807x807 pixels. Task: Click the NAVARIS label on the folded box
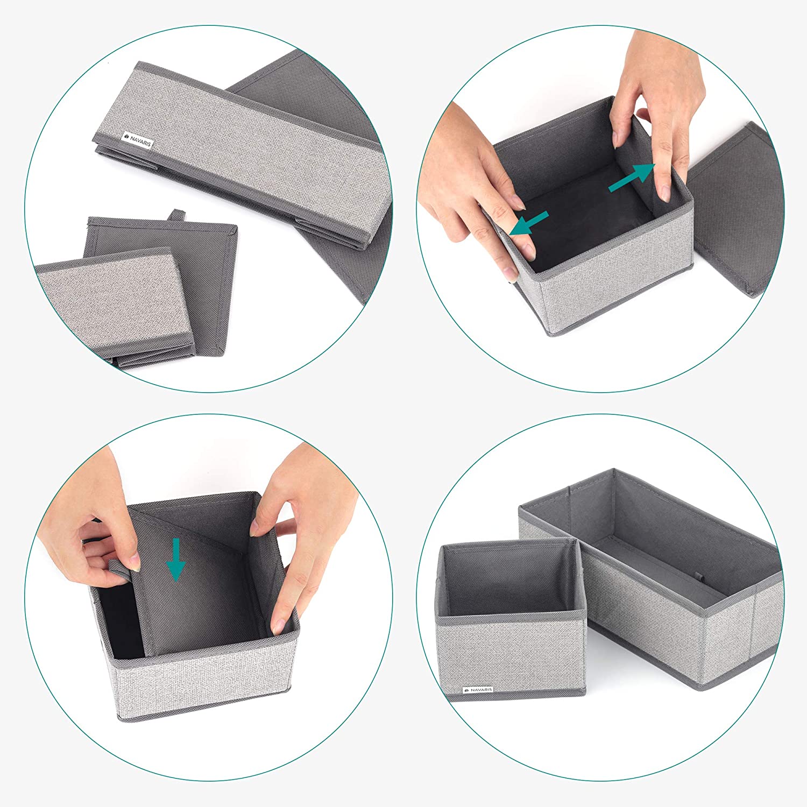point(138,140)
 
